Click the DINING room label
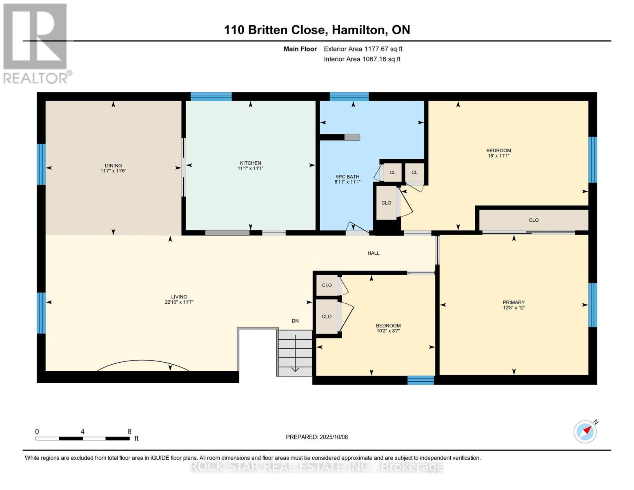pos(113,166)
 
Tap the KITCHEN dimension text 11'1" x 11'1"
pos(250,168)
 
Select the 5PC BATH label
pos(347,177)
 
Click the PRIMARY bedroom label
pos(514,303)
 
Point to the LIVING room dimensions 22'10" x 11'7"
pos(179,303)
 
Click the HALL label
pos(373,253)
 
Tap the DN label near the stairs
pos(295,321)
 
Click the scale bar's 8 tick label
pos(129,432)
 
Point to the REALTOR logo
pos(36,43)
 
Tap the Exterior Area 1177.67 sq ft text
pos(363,49)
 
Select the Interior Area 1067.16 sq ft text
pos(362,59)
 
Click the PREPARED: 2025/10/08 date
pos(317,437)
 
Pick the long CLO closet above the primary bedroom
pos(534,220)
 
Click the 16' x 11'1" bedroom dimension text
pos(498,156)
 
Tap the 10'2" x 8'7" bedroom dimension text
pos(388,331)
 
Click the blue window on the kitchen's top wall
pos(211,96)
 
